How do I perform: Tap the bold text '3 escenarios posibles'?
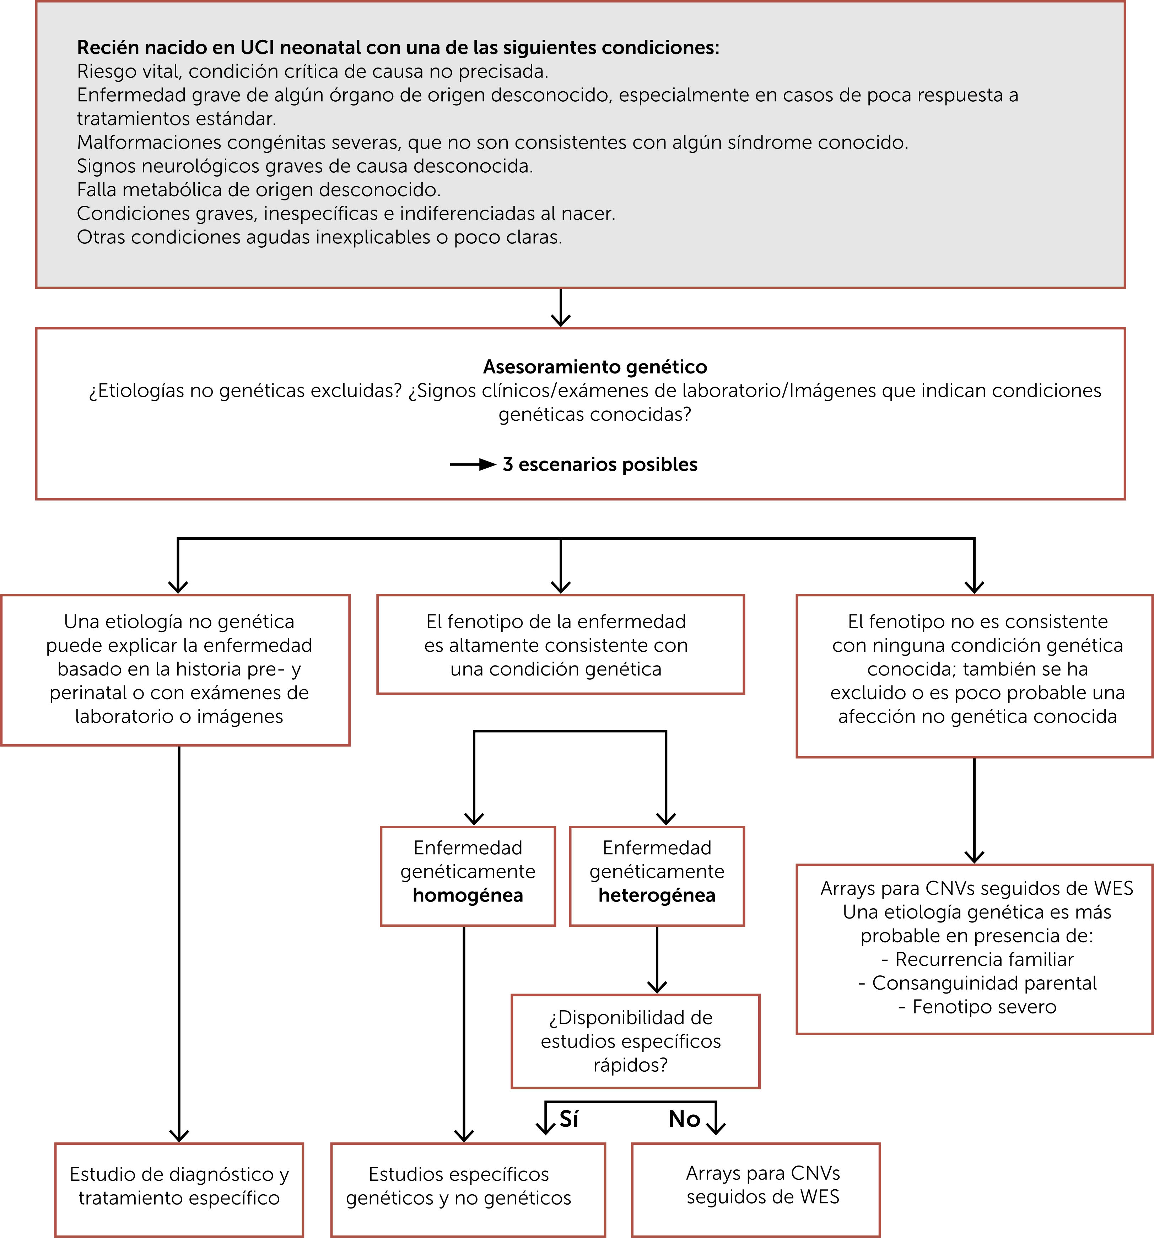(x=600, y=464)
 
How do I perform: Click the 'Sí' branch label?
(x=568, y=1119)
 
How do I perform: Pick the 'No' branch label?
(x=684, y=1119)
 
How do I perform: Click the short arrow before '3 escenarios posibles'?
(x=472, y=464)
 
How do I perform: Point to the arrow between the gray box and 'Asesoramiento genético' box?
(x=561, y=308)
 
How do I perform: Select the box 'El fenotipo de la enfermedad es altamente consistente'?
(x=561, y=645)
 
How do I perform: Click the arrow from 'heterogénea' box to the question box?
(x=657, y=959)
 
